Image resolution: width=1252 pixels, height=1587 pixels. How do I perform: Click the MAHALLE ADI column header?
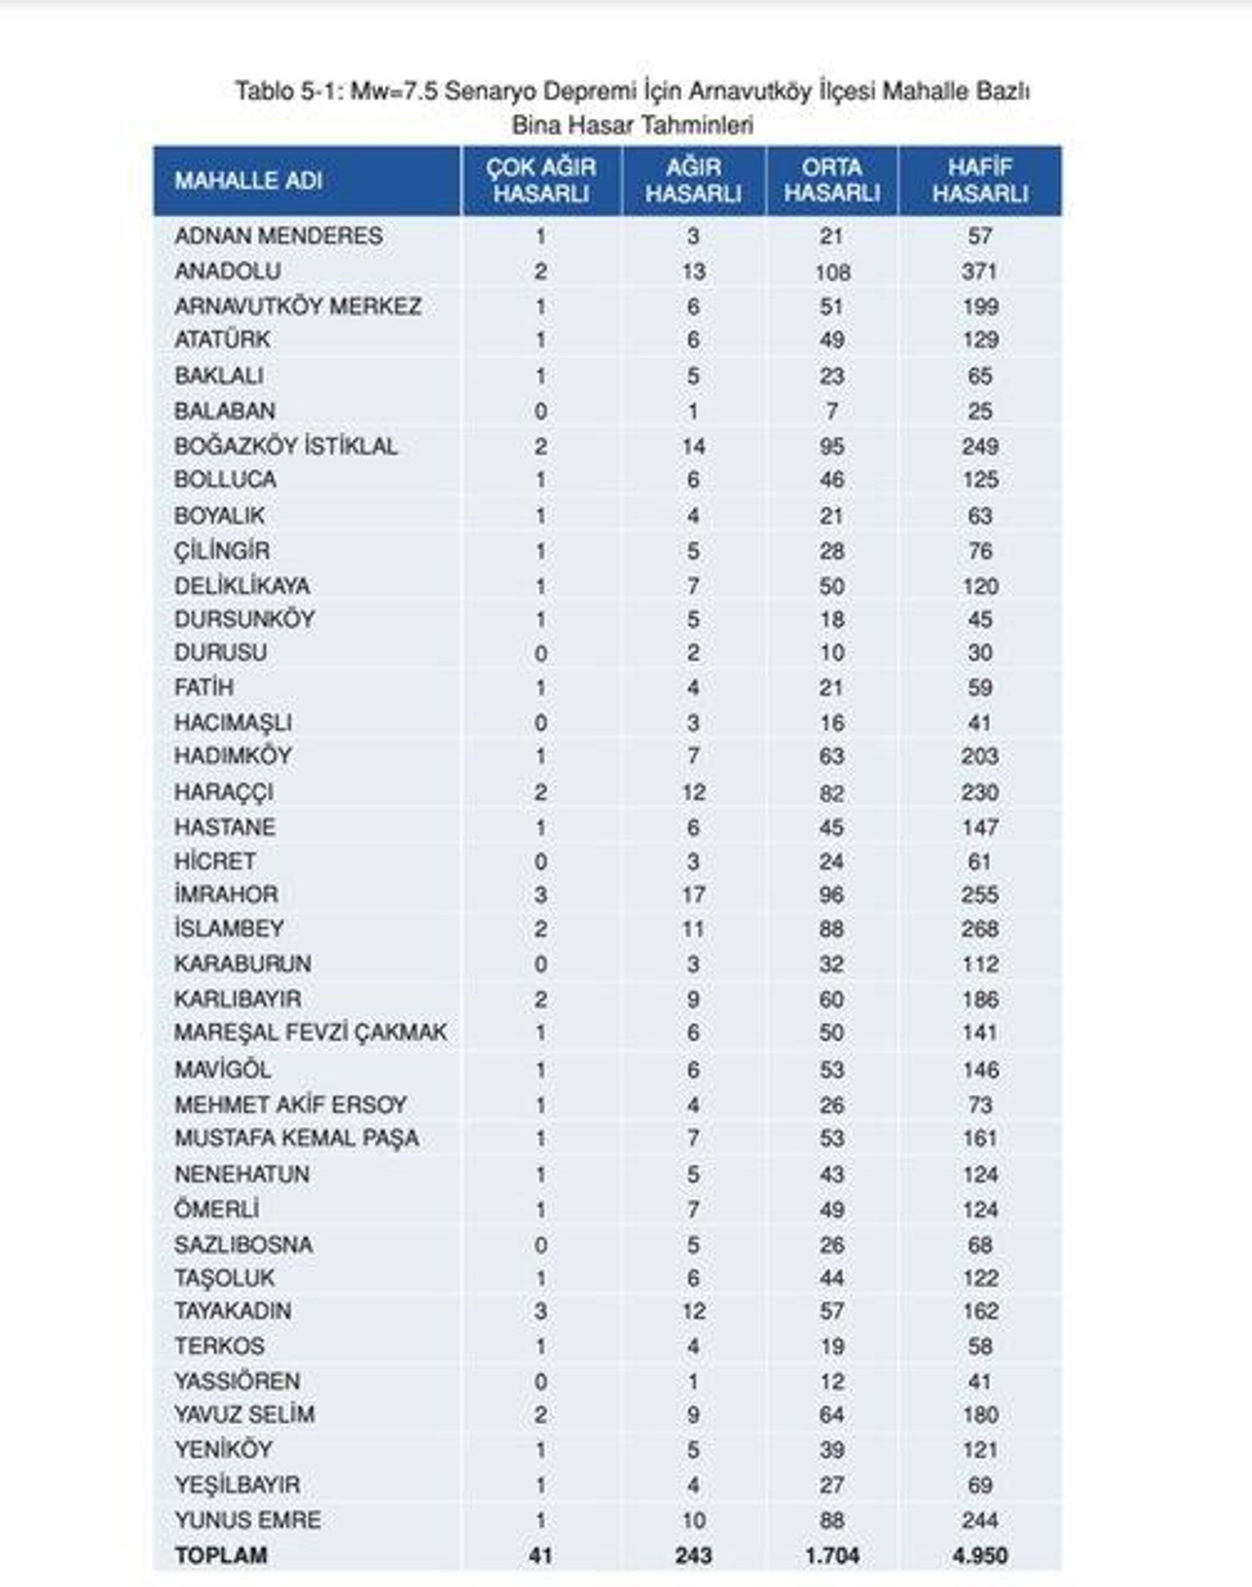248,181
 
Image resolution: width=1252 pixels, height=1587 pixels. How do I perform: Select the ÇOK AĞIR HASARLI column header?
541,181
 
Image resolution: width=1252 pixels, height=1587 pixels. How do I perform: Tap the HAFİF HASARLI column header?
979,181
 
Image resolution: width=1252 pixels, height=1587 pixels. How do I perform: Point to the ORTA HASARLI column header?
831,181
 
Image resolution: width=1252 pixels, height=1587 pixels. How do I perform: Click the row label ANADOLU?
227,271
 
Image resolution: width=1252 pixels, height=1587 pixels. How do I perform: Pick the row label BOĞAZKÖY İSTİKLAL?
286,446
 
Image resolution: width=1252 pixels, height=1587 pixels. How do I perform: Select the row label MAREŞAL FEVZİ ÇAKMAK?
310,1032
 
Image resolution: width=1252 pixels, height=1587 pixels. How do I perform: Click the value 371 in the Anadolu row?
979,271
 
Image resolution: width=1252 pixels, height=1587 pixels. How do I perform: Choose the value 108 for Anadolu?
832,273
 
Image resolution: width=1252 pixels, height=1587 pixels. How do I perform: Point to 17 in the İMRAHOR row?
693,895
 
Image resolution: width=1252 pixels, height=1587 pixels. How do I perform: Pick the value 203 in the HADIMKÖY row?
979,756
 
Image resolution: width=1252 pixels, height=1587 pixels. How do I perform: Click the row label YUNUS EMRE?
247,1520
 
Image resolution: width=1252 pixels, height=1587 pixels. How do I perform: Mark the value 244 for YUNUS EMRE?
979,1520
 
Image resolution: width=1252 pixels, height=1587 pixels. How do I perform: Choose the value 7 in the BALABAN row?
831,411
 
